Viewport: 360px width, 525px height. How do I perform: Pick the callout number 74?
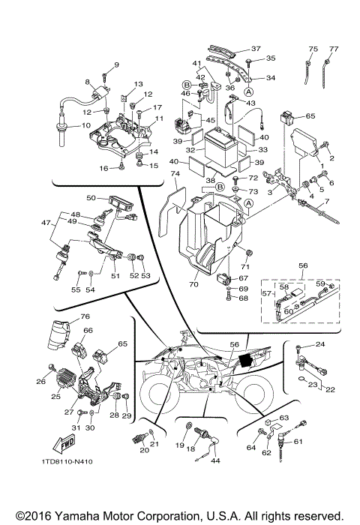point(175,173)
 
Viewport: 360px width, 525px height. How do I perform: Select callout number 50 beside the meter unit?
point(91,198)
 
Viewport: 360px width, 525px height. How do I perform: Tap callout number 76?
point(64,316)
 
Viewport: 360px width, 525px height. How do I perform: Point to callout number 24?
point(319,344)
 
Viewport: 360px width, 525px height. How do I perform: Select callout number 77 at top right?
point(334,49)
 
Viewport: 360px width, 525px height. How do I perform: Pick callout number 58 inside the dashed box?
point(285,286)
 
